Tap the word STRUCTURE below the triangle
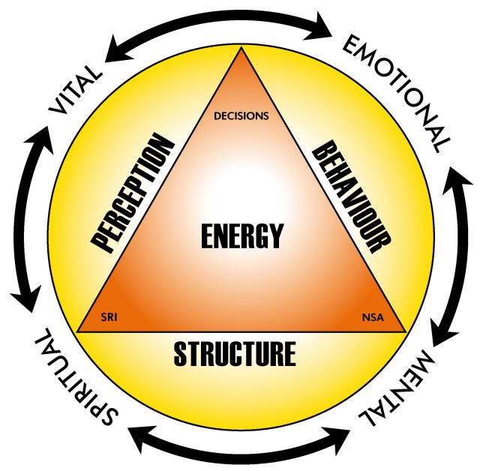(x=234, y=353)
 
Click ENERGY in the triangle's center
(x=241, y=236)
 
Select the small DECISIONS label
(x=241, y=116)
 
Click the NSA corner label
(x=373, y=315)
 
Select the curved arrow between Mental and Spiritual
(x=240, y=448)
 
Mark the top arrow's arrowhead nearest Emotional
(x=324, y=29)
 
